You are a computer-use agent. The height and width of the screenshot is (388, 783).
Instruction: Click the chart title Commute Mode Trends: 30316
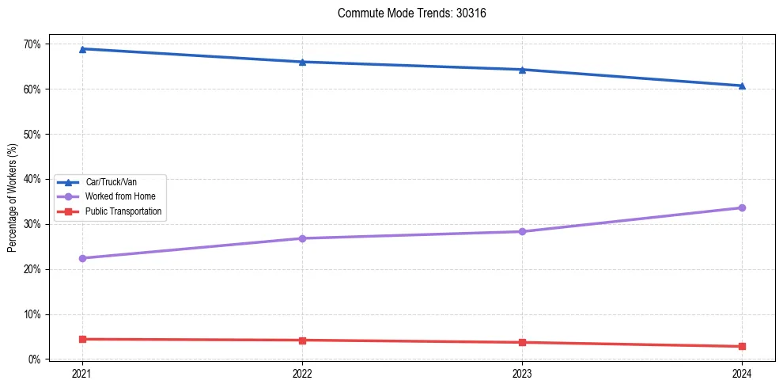[x=406, y=13]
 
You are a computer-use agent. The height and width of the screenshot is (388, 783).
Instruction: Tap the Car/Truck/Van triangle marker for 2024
[x=742, y=86]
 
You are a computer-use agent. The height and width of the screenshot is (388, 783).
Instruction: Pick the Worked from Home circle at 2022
[x=301, y=238]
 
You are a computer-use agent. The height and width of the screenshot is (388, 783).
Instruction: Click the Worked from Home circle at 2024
[x=742, y=207]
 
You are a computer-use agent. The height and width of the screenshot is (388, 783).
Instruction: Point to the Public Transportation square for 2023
[x=522, y=342]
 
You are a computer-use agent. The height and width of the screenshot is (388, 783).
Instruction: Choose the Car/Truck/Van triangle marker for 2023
[x=522, y=70]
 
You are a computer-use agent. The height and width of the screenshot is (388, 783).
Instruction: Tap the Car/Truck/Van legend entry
[x=111, y=182]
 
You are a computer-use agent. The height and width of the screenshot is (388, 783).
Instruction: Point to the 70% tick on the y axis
[x=31, y=44]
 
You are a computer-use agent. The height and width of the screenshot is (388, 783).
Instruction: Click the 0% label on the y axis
[x=33, y=359]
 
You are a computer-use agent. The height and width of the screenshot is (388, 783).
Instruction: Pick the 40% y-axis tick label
[x=31, y=179]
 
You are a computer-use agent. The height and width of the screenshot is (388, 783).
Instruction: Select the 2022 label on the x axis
[x=301, y=372]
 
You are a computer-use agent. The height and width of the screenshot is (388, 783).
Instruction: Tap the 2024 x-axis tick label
[x=742, y=372]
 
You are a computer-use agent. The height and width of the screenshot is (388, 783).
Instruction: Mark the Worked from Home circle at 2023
[x=522, y=231]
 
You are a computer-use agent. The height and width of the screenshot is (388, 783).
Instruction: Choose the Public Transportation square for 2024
[x=742, y=346]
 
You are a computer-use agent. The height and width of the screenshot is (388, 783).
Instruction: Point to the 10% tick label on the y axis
[x=31, y=314]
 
